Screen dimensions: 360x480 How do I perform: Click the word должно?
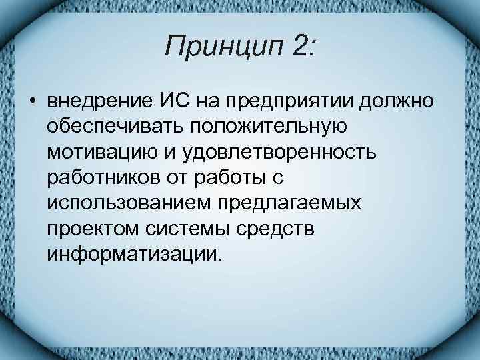coord(397,102)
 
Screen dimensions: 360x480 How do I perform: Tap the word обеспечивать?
coord(111,126)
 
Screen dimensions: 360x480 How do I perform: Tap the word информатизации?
coord(133,253)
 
